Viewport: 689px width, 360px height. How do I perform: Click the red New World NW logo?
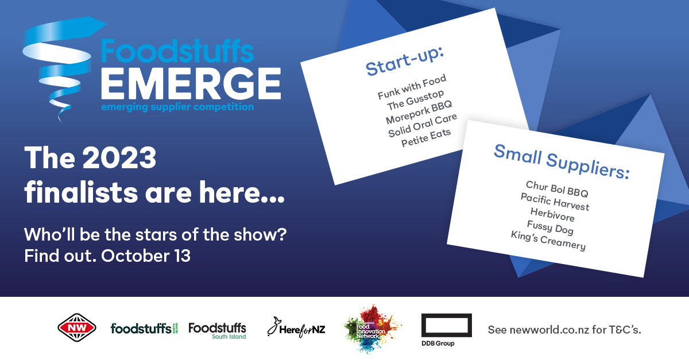click(x=77, y=328)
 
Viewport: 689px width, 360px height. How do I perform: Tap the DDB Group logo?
click(x=446, y=330)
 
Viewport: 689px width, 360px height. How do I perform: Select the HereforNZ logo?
click(x=296, y=328)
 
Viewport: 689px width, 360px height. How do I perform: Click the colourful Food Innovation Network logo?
click(x=372, y=329)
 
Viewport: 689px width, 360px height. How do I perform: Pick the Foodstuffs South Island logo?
click(x=217, y=331)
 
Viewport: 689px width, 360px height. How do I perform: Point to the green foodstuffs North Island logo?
click(x=144, y=328)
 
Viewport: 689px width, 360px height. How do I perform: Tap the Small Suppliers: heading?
click(x=562, y=161)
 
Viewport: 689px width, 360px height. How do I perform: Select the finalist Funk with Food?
click(x=412, y=87)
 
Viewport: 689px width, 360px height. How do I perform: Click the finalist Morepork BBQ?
click(x=419, y=112)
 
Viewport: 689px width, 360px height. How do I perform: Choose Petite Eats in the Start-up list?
click(x=426, y=138)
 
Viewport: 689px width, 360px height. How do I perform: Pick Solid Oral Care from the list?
click(x=423, y=125)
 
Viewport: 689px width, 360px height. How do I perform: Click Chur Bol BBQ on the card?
click(x=557, y=189)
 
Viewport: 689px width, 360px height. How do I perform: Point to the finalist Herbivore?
click(x=552, y=215)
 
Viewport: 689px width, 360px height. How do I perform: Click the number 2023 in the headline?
click(x=119, y=157)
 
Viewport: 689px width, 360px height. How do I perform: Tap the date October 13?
click(x=146, y=256)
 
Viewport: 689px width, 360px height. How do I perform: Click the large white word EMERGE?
click(x=191, y=83)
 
